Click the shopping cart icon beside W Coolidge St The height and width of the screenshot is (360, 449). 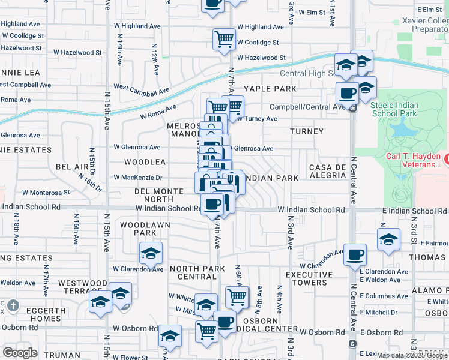(224, 40)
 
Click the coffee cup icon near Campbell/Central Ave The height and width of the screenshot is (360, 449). (347, 94)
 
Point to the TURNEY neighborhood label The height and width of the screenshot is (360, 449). (306, 131)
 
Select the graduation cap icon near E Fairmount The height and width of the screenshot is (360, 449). (389, 239)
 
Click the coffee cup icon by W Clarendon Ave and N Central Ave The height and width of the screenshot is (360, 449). (354, 254)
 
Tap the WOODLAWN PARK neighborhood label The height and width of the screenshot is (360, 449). (138, 229)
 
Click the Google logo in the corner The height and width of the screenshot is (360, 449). (20, 352)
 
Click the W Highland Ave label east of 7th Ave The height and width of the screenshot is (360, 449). (260, 27)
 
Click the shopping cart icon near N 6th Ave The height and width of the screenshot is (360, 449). (237, 296)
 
